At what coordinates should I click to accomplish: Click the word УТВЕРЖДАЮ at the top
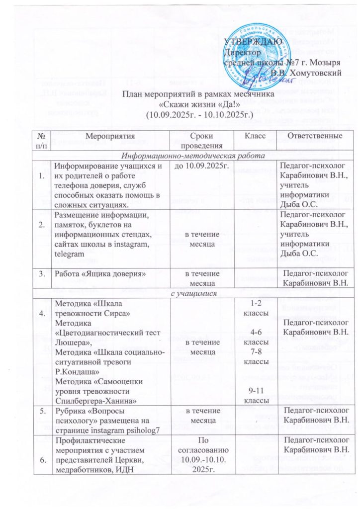pos(254,41)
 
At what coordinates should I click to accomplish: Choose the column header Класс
pos(255,136)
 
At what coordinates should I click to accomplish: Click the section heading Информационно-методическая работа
pos(184,155)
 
